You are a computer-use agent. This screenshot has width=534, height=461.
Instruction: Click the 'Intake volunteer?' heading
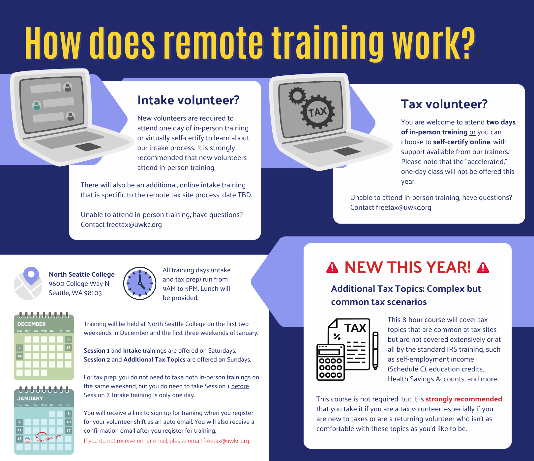[x=188, y=100]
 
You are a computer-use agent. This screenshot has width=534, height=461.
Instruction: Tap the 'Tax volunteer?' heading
[x=444, y=104]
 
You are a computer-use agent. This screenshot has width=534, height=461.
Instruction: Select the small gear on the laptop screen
[x=297, y=95]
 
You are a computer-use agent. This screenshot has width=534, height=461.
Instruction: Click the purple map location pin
[x=31, y=275]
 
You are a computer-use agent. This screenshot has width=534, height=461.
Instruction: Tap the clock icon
[x=140, y=283]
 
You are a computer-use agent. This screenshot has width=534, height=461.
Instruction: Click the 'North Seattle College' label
[x=82, y=274]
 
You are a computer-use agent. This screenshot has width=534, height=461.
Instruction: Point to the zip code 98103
[x=93, y=293]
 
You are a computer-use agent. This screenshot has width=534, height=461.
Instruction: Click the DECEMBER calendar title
[x=32, y=324]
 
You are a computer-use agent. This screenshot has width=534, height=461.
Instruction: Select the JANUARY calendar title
[x=30, y=398]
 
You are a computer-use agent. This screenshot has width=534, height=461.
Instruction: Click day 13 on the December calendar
[x=68, y=347]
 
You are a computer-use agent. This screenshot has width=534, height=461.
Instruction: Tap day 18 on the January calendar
[x=19, y=439]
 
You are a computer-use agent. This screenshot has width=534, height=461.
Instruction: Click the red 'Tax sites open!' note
[x=50, y=438]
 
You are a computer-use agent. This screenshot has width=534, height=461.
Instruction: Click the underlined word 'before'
[x=240, y=386]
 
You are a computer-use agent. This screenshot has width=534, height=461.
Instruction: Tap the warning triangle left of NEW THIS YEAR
[x=332, y=267]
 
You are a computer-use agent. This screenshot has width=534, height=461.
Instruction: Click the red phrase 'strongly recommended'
[x=464, y=399]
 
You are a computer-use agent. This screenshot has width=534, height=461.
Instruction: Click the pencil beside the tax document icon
[x=375, y=351]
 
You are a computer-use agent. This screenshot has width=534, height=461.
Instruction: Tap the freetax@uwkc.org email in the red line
[x=226, y=441]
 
